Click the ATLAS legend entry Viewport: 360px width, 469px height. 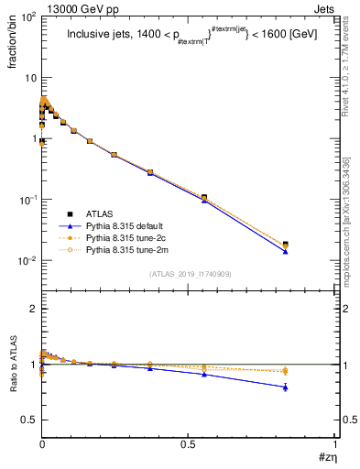98,213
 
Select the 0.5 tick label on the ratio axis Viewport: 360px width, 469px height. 29,420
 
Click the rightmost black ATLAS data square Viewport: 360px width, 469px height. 286,245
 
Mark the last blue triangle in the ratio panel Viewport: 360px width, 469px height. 286,387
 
